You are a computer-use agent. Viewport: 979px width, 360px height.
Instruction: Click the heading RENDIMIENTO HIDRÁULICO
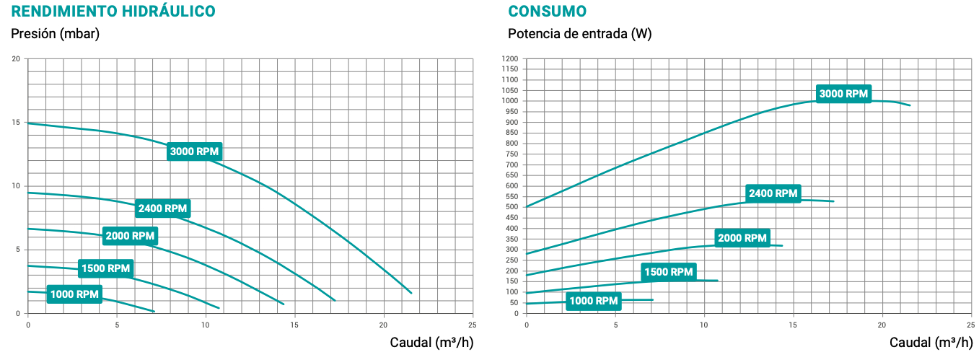pos(113,12)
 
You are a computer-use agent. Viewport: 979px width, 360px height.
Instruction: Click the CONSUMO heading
pos(547,12)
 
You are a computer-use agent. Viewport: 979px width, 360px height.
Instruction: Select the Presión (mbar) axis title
pos(55,34)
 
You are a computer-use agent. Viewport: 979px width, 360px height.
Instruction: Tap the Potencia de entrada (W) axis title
pos(579,34)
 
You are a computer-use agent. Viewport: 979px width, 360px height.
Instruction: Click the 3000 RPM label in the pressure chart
pos(194,152)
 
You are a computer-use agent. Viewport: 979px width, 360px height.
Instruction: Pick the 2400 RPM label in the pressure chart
pos(162,208)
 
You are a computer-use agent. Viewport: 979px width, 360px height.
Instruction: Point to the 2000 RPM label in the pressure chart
pos(130,236)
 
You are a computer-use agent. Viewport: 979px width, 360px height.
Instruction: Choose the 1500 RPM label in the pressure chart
pos(105,268)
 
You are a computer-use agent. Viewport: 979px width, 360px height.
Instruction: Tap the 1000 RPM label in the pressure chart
pos(74,294)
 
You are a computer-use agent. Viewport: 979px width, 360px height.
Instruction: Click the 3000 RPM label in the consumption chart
pos(844,94)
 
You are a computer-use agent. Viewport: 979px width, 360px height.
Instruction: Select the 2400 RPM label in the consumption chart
pos(773,193)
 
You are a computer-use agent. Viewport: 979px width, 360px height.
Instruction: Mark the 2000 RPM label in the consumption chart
pos(742,238)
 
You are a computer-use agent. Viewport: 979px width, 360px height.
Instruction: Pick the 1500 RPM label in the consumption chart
pos(667,272)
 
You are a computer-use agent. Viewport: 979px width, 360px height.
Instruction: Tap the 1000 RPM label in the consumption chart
pos(594,301)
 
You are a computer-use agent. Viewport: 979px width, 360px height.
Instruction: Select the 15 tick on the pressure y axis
pos(16,123)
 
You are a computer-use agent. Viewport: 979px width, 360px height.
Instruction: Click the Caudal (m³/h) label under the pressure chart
pos(431,342)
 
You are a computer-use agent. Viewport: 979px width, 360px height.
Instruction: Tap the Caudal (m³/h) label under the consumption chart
pos(931,342)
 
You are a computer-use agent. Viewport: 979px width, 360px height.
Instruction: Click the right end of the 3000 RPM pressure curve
pos(411,293)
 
